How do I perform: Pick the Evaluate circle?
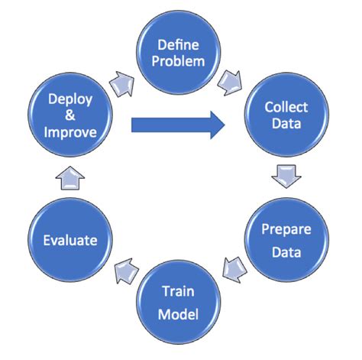click(x=69, y=240)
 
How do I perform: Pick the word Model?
click(x=181, y=313)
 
